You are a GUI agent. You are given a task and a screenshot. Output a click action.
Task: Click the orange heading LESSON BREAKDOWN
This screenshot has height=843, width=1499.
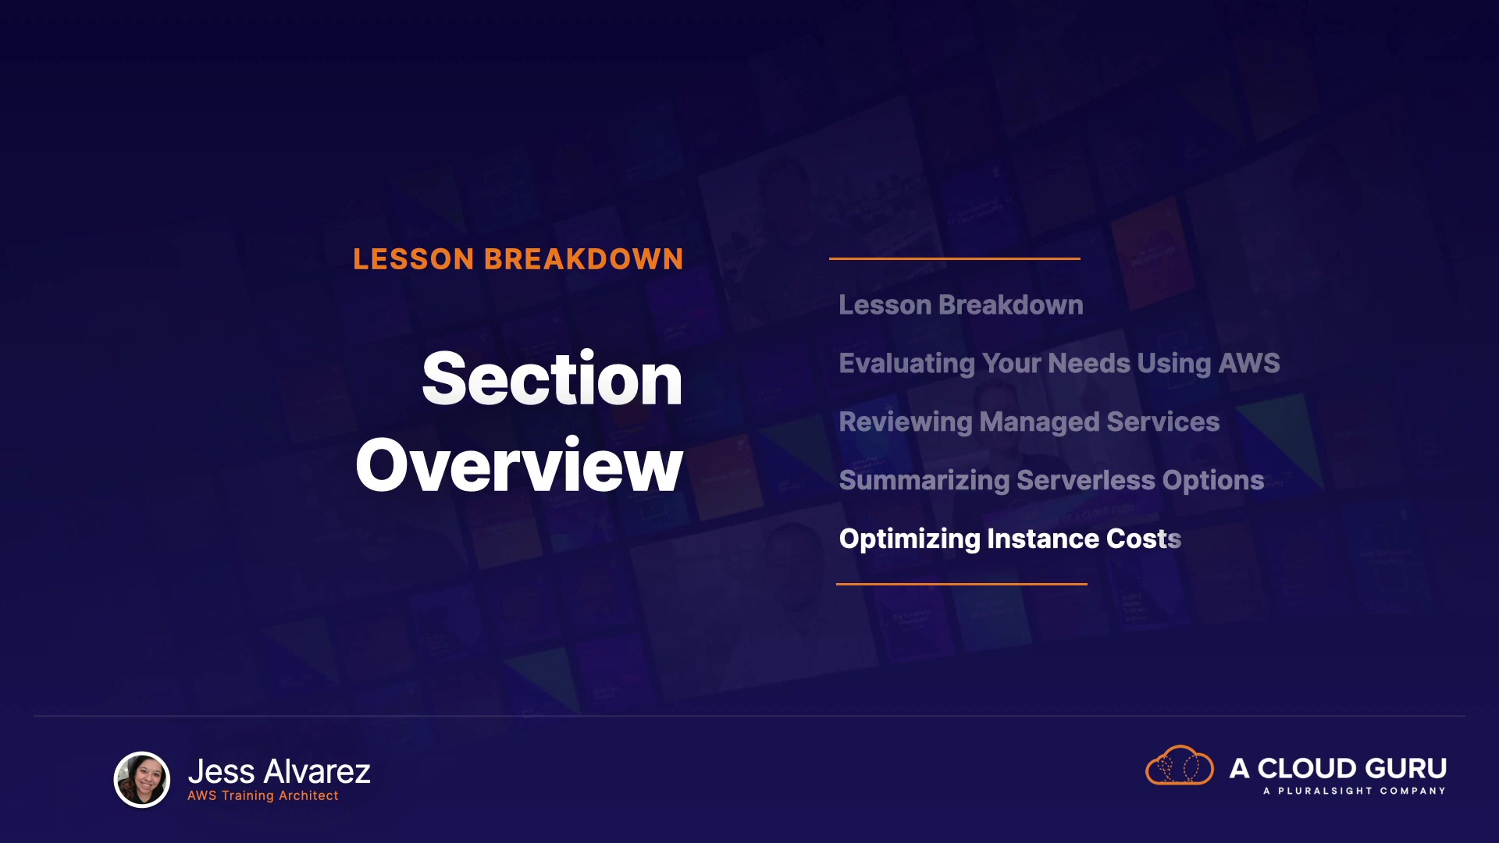pos(518,259)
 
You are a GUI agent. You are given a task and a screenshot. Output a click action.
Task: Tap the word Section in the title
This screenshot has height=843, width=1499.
pos(552,379)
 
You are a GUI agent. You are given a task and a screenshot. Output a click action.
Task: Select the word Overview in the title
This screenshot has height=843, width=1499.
pos(519,465)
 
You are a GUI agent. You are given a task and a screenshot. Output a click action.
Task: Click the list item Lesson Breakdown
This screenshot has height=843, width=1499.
pos(961,305)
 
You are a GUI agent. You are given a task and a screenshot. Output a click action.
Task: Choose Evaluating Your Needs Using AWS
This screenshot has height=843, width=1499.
pos(1059,364)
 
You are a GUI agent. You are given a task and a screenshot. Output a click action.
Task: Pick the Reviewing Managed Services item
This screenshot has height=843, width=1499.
pos(1029,422)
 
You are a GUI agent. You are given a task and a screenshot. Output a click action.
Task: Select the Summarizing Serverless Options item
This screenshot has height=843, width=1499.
pos(1052,481)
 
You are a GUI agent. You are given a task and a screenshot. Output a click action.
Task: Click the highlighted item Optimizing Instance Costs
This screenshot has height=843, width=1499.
pos(1010,539)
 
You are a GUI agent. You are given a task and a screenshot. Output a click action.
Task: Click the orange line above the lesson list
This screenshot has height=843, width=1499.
pos(955,258)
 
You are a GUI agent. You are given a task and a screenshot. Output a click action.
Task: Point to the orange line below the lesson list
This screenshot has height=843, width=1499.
pos(962,584)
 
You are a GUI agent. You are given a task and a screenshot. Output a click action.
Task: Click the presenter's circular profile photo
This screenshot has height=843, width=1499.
pos(142,779)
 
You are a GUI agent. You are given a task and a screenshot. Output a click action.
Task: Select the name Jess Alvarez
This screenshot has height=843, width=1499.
pos(279,771)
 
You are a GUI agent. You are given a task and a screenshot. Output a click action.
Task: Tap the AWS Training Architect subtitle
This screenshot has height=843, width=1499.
pos(263,795)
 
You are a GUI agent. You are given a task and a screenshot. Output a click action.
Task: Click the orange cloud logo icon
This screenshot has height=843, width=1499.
pos(1179,765)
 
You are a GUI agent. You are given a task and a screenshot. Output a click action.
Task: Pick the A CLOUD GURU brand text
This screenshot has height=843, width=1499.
pos(1338,768)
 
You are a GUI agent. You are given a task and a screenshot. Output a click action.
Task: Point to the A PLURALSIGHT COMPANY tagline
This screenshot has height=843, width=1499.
pos(1355,791)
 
